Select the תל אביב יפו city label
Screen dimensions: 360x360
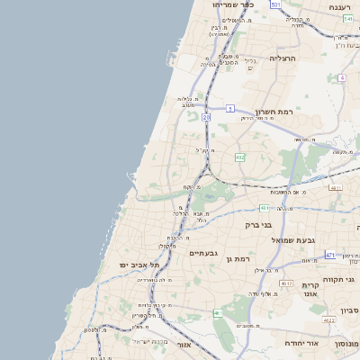coord(138,265)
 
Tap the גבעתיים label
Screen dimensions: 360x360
coord(203,253)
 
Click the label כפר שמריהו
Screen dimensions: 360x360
coord(233,5)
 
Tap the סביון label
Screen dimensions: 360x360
coord(349,310)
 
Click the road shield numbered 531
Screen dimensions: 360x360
coord(275,5)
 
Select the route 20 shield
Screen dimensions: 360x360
coord(206,117)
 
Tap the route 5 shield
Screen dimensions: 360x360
coord(230,109)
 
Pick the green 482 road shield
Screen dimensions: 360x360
coord(239,157)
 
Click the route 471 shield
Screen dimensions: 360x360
coord(330,255)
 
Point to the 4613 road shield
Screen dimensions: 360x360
coord(286,283)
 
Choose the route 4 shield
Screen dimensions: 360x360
coord(342,78)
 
